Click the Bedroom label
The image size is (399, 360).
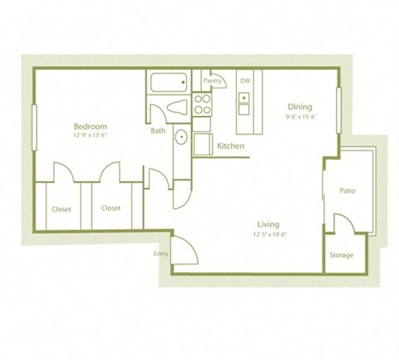point(91,126)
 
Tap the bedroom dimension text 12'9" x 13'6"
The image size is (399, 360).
point(91,134)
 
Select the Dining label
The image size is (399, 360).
point(299,106)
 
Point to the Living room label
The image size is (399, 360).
point(267,224)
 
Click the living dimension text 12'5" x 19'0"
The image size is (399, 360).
point(267,234)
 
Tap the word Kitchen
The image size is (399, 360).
point(229,146)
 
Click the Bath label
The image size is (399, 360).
point(158,131)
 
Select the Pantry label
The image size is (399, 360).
point(212,81)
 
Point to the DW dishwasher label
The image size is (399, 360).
point(245,81)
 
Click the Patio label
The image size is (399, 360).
point(347,191)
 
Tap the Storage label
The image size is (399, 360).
point(341,255)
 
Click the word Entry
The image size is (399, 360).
point(160,254)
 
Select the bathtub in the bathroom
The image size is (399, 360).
point(170,82)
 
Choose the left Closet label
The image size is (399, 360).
point(61,209)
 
